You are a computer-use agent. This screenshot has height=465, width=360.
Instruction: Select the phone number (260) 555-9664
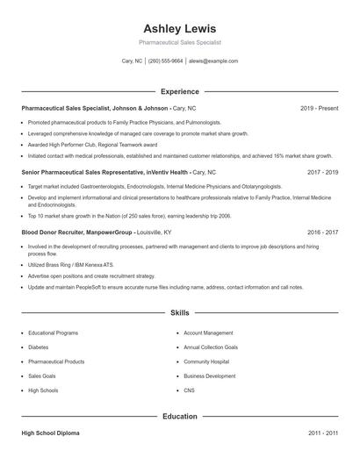166,61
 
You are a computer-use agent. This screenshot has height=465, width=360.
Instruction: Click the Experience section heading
179,91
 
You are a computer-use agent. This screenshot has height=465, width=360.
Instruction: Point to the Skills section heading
179,312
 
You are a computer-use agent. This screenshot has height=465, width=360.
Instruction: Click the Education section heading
179,417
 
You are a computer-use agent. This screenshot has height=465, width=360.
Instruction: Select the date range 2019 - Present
319,108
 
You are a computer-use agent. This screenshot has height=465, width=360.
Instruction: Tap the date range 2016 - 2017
323,232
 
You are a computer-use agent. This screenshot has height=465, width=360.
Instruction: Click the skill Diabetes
39,347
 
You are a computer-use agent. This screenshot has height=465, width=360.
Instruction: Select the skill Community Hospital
206,361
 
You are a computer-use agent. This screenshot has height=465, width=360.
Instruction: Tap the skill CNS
189,390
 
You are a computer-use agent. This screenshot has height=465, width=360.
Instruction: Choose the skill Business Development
210,376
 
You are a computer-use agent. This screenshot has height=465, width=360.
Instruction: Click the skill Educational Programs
54,333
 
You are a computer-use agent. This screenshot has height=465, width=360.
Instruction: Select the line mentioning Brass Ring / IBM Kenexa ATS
73,264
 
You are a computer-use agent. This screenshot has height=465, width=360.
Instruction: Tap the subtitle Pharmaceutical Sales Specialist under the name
179,42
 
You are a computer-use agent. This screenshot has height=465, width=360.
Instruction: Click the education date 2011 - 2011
323,433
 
